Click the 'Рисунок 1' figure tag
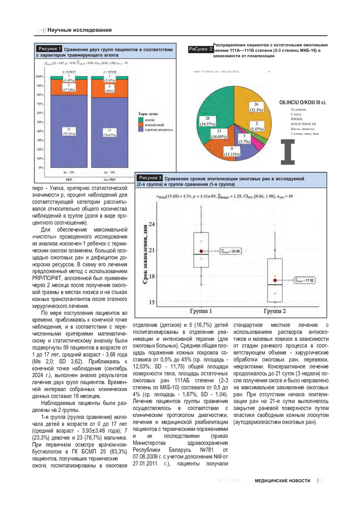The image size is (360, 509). point(50,49)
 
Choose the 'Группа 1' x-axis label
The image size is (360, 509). point(201,311)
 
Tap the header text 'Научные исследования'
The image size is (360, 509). point(80,30)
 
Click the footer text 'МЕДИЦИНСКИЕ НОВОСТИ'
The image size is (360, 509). point(283,480)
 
